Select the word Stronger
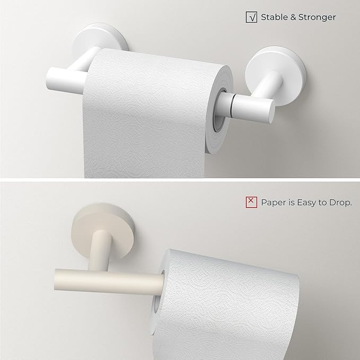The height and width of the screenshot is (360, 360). (x=317, y=17)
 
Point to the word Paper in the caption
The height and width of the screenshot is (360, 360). (x=273, y=202)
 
